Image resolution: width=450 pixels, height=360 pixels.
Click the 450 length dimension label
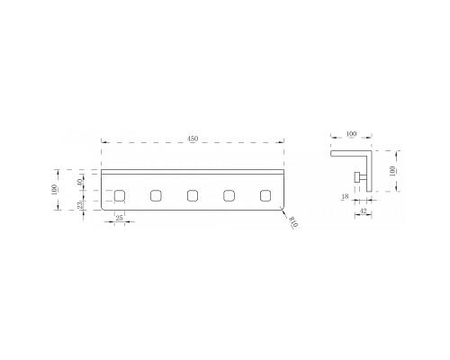(193, 139)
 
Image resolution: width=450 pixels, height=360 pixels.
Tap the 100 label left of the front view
(54, 190)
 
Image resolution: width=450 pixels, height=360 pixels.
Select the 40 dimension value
(79, 182)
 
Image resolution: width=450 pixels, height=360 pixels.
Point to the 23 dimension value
(80, 205)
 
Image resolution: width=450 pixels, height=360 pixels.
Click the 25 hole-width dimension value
(119, 218)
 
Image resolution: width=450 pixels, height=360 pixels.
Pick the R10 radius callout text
(292, 222)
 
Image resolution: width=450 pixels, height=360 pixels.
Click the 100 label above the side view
(351, 134)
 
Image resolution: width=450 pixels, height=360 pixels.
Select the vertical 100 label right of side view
(392, 171)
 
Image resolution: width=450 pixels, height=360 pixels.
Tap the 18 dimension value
(346, 196)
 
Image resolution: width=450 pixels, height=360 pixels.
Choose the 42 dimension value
(363, 211)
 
